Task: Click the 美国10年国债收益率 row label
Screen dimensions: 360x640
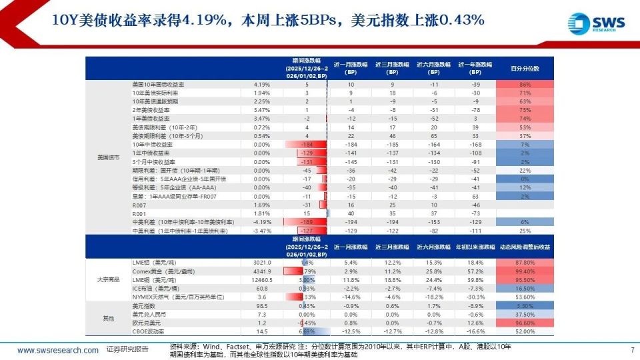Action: (x=158, y=85)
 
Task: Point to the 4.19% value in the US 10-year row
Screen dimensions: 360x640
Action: (x=262, y=85)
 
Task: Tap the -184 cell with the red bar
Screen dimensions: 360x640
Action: (x=307, y=145)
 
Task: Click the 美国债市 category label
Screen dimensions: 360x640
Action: (x=108, y=157)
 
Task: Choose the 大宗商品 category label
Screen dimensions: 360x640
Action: (x=108, y=279)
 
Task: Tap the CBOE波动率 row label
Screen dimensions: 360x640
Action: (x=148, y=331)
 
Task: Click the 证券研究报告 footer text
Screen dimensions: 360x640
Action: (x=127, y=350)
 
